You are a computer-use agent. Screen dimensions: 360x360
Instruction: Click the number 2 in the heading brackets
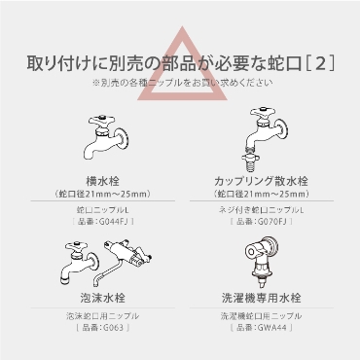tap(320, 63)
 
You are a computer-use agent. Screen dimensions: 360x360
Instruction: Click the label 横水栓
tap(103, 181)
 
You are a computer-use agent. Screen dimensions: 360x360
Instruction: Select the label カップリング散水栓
tap(261, 181)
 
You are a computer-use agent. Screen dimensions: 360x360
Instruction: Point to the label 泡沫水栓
tap(103, 298)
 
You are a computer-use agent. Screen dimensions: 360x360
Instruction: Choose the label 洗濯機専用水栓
tap(262, 298)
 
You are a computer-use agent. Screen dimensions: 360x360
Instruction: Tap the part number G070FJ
tap(274, 222)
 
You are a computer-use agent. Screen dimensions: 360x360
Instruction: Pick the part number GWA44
tap(272, 327)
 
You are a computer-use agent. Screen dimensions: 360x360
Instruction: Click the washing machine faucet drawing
tap(262, 262)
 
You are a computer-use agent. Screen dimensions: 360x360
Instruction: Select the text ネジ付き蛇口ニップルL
tap(262, 210)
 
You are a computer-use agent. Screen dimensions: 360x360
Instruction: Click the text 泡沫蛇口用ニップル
tap(103, 316)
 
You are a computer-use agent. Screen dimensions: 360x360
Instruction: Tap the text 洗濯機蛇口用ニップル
tap(262, 316)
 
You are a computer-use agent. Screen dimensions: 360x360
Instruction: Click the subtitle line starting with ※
tap(183, 83)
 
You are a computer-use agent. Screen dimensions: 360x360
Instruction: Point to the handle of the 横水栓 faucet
tap(101, 121)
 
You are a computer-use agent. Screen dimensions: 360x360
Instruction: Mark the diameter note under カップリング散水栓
tap(262, 194)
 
